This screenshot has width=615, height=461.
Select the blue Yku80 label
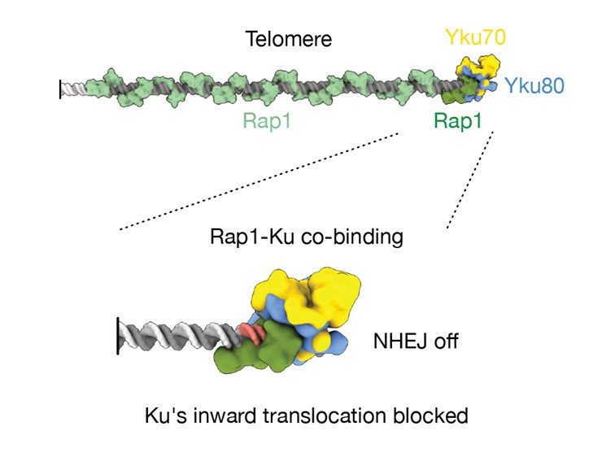point(534,84)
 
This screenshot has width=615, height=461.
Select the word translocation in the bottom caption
point(329,415)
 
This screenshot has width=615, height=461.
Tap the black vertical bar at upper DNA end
point(60,88)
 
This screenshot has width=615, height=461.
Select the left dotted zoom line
point(260,183)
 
